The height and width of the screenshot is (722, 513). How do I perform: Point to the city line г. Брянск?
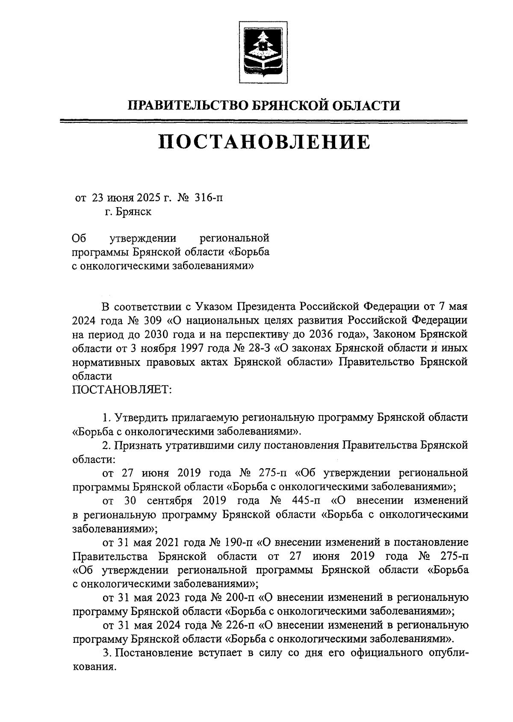point(128,212)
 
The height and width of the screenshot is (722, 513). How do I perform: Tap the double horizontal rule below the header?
point(264,122)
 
